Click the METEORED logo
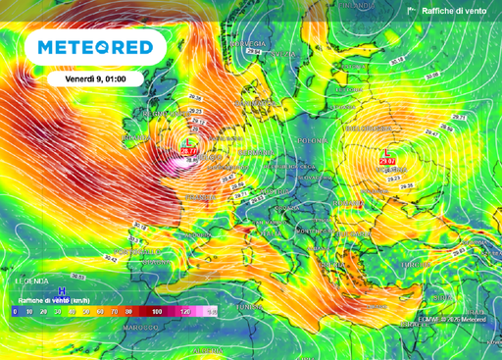point(95,47)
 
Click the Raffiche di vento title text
point(454,11)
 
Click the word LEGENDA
point(32,280)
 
